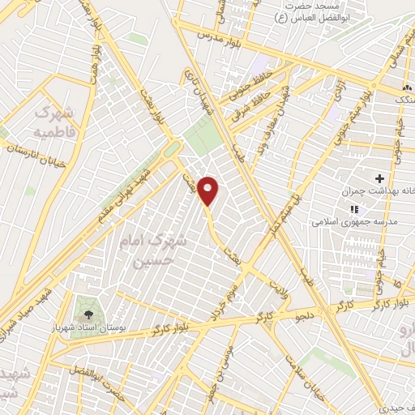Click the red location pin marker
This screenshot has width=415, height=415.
(208, 190)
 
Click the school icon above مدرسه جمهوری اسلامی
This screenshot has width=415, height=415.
(353, 208)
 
